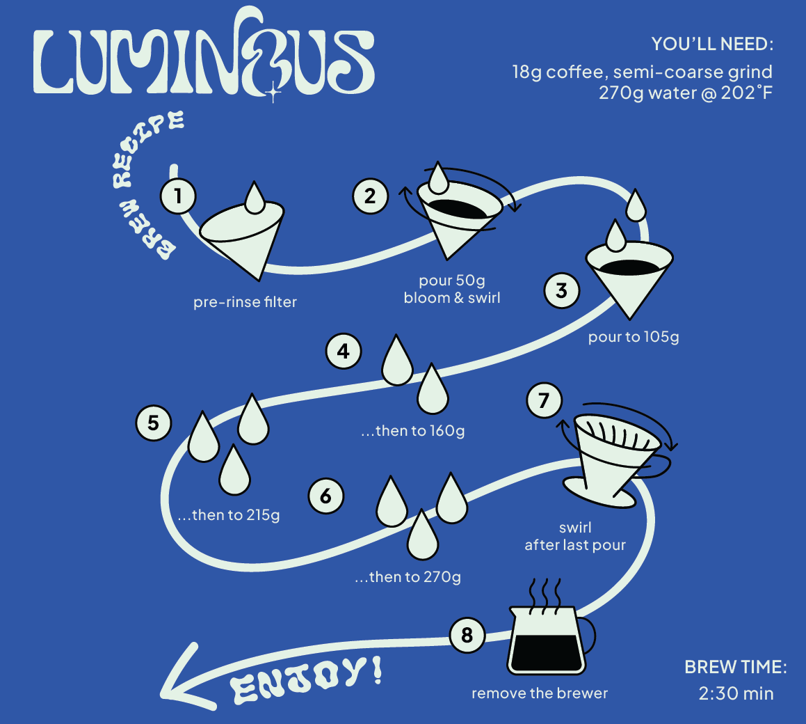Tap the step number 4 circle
pos(344,352)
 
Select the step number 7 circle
pos(544,400)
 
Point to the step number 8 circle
pos(467,634)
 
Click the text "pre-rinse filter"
pos(245,302)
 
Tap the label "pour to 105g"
pos(633,338)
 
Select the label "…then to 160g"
pos(412,431)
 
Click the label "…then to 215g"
pos(228,516)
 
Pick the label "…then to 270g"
pos(408,577)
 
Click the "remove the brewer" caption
pos(540,693)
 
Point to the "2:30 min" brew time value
pos(736,693)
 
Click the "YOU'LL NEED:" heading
pos(712,45)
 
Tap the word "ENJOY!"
pos(307,679)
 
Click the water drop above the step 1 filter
pos(255,197)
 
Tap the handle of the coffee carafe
pos(588,633)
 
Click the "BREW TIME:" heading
pos(736,667)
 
